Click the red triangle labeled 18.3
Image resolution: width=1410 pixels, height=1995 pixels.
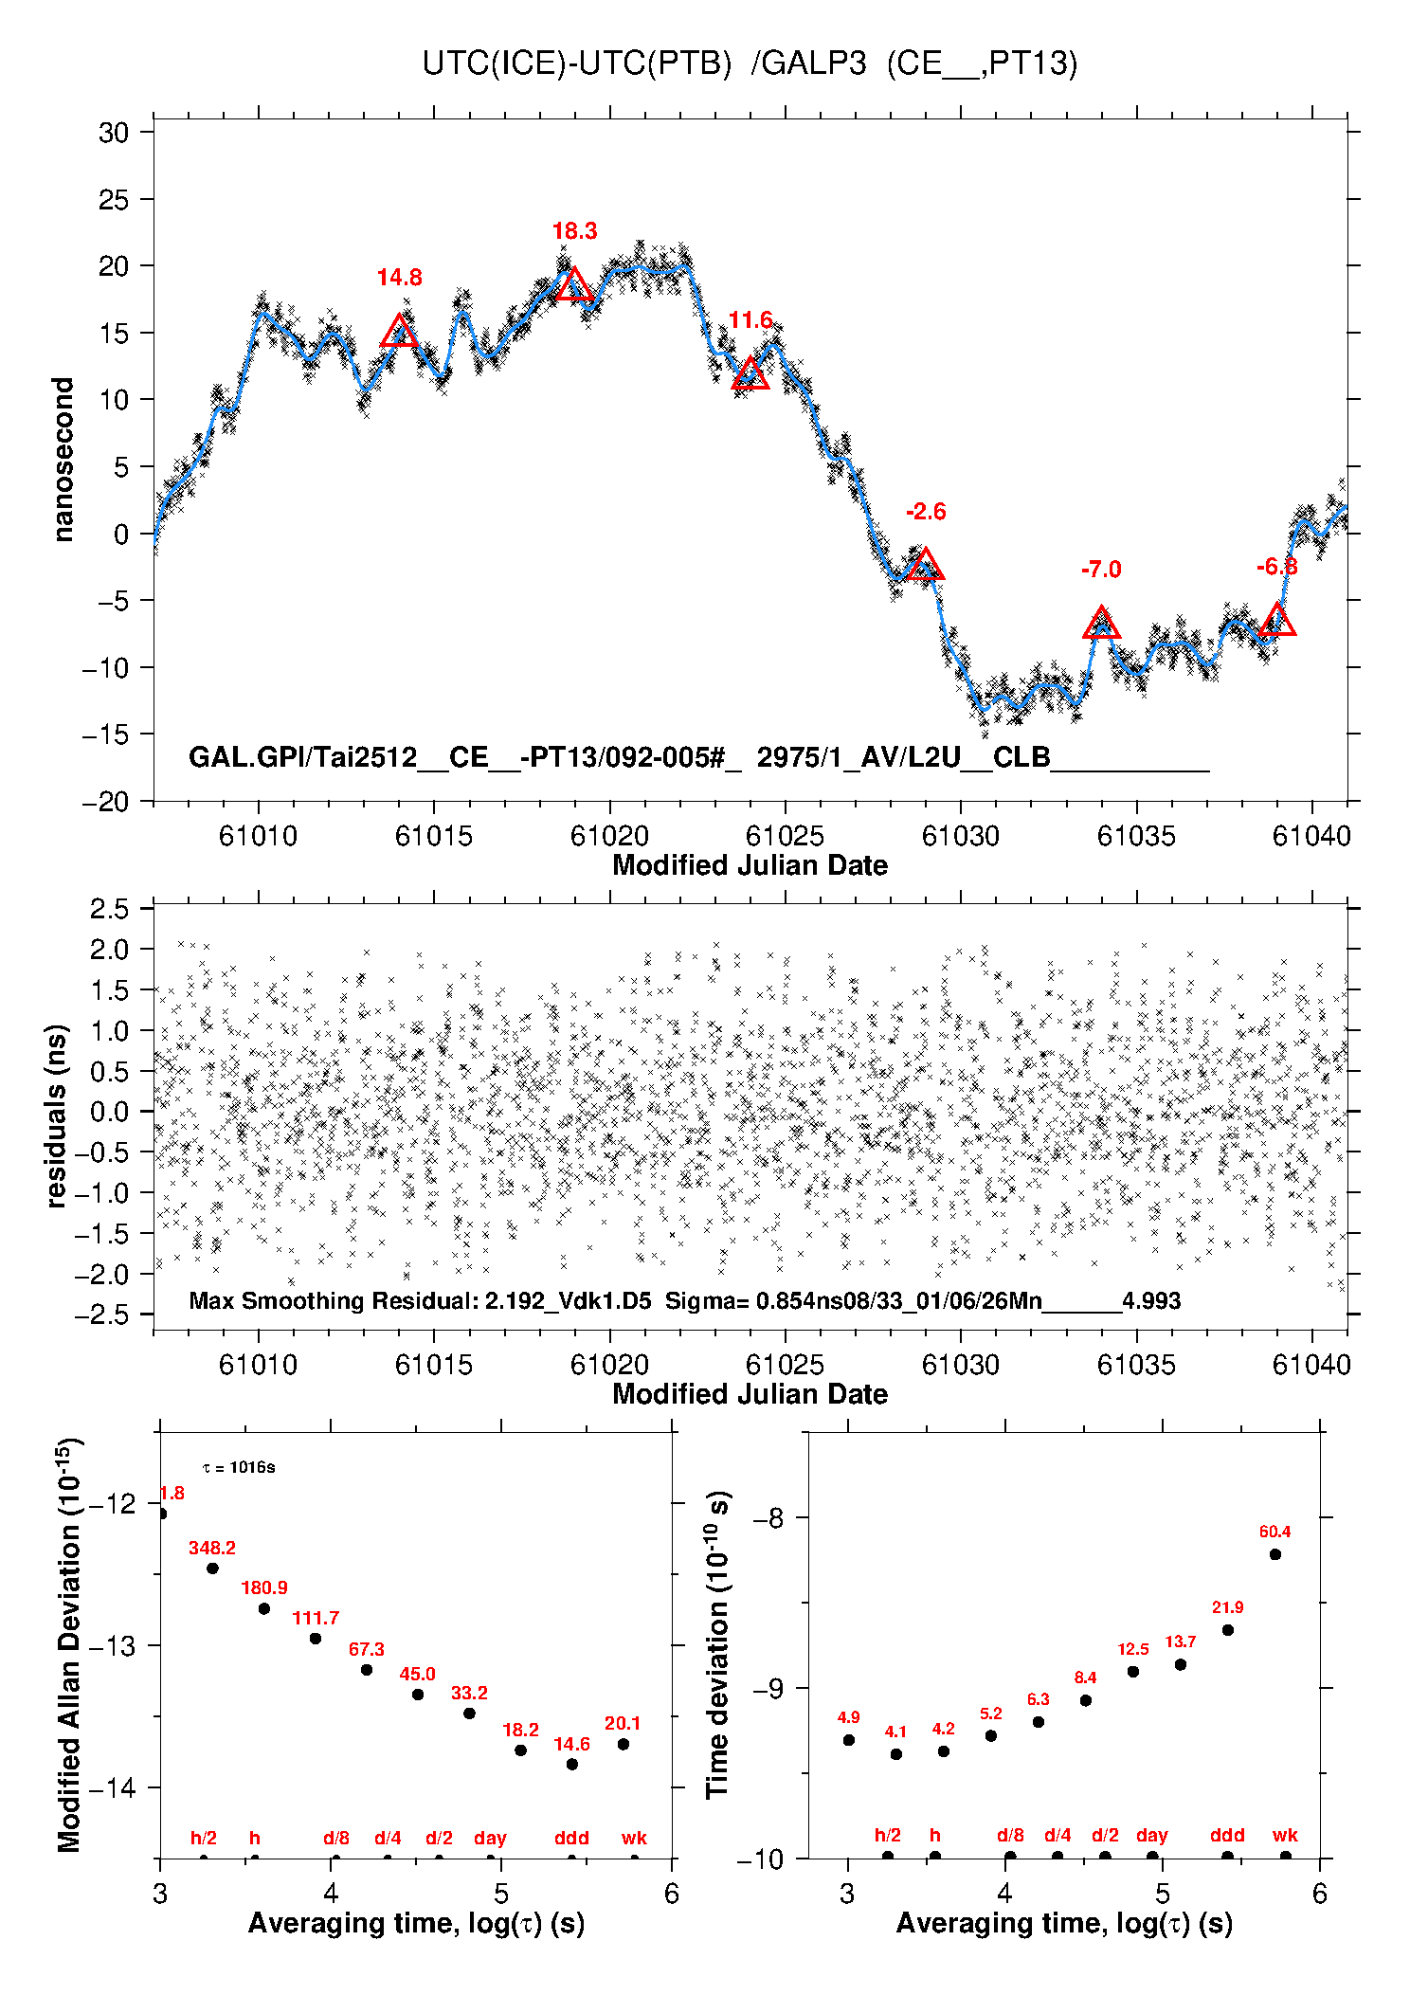point(573,285)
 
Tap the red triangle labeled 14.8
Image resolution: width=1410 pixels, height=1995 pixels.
point(399,332)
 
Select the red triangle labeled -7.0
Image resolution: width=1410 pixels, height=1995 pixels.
point(1101,624)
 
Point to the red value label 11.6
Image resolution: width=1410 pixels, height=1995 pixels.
point(750,320)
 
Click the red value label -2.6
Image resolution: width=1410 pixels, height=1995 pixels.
point(926,512)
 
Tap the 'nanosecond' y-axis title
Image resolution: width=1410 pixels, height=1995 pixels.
point(63,460)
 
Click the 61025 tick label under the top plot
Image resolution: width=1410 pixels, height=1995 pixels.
point(785,836)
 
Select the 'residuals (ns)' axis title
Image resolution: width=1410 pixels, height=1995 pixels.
point(57,1115)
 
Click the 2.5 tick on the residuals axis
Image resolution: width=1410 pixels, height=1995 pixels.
point(109,909)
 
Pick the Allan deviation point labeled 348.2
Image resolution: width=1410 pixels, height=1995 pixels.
point(212,1569)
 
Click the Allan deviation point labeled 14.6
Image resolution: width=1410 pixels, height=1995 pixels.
point(571,1764)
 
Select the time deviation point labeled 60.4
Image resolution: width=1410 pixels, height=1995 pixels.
point(1274,1554)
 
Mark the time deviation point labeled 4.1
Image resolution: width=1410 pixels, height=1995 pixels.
point(895,1754)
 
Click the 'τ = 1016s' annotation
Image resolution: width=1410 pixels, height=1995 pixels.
point(239,1468)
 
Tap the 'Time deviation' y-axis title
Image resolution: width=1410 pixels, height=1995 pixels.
point(717,1644)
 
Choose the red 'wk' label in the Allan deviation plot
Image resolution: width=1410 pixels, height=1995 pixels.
point(634,1838)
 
